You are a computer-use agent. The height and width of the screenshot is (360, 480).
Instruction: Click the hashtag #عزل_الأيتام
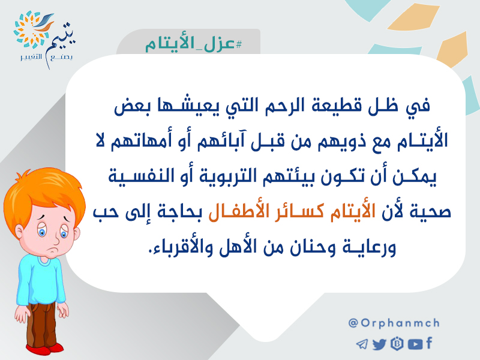193,44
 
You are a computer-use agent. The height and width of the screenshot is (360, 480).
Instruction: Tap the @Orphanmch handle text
394,323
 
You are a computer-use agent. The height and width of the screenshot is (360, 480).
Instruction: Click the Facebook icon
429,343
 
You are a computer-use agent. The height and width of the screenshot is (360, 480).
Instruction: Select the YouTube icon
415,344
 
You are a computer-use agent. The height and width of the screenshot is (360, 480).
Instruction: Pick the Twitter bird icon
379,344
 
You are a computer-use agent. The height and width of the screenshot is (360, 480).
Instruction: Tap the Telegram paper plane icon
362,344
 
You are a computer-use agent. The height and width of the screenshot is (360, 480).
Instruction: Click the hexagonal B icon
397,344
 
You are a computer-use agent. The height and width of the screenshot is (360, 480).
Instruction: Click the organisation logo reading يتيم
44,39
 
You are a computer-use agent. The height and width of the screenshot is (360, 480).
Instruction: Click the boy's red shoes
46,349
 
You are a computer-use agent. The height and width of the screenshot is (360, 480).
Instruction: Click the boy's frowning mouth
54,248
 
